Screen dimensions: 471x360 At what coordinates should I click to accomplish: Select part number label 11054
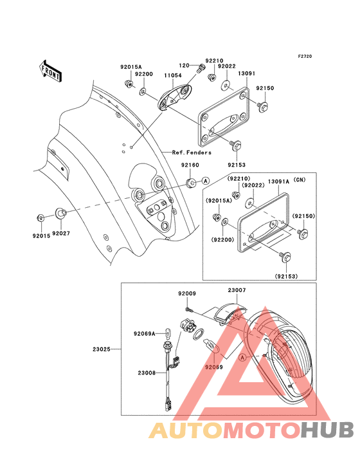pos(172,76)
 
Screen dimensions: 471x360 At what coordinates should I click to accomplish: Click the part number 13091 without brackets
pos(247,73)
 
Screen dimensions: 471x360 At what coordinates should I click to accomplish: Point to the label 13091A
pos(279,182)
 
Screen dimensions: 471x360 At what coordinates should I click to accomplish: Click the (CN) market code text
pos(301,182)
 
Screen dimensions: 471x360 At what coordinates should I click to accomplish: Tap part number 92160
pos(189,165)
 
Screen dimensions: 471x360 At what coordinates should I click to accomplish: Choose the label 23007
pos(237,291)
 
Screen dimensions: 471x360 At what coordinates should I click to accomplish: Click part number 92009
pos(187,293)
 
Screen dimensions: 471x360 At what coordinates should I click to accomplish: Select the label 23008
pos(146,372)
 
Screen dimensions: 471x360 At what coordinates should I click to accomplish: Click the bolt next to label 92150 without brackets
pos(264,106)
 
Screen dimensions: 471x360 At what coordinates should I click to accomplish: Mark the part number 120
pos(183,65)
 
